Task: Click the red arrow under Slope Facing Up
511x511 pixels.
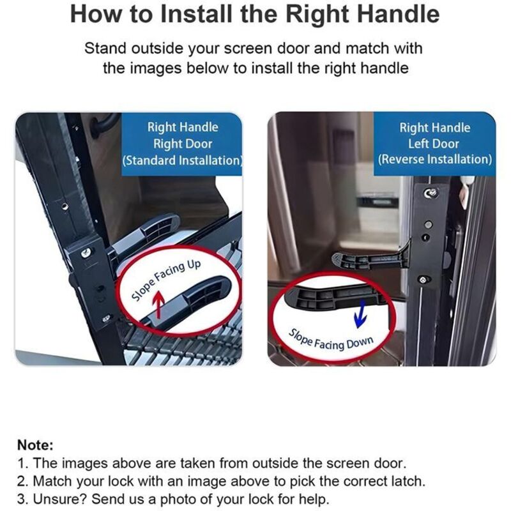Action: click(158, 305)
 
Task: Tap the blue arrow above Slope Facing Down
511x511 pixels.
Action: click(360, 314)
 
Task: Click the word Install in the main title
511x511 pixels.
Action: click(197, 14)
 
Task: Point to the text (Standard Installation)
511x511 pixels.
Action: click(183, 160)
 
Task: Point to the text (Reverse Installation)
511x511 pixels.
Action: click(435, 159)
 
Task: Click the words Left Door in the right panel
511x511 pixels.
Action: click(434, 143)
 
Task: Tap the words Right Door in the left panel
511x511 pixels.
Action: click(183, 144)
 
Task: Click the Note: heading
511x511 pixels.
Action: click(35, 445)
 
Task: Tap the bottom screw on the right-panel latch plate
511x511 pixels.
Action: click(423, 280)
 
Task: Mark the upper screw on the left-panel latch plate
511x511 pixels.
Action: click(86, 252)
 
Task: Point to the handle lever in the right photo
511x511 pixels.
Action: click(372, 257)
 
